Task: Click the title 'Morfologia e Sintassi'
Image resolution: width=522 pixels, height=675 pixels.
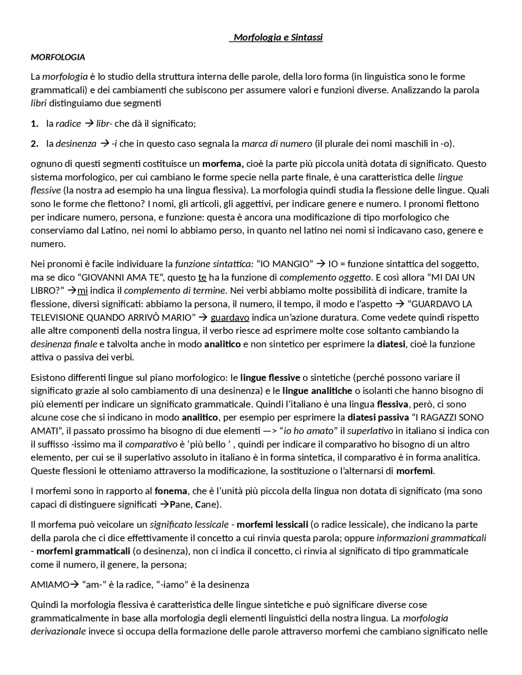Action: (278, 38)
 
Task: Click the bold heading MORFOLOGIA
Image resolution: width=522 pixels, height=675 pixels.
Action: (58, 57)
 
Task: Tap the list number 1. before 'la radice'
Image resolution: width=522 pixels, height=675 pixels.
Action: (35, 124)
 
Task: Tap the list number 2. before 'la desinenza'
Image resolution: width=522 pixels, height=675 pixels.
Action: (35, 144)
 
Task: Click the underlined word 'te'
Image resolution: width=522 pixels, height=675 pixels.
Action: (202, 278)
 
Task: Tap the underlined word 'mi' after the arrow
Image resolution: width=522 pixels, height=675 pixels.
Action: (82, 291)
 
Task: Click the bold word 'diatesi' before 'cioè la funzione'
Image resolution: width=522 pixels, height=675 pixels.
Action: (391, 344)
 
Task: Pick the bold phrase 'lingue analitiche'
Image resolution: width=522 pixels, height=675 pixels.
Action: (317, 391)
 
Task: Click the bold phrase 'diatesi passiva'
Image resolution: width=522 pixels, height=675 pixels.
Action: (378, 418)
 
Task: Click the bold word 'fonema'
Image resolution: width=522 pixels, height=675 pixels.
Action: (171, 491)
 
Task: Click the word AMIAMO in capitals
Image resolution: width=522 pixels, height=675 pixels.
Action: (50, 585)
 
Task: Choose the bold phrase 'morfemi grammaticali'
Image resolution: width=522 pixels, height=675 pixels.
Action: (83, 551)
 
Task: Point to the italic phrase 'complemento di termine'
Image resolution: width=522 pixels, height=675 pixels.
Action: (175, 291)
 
